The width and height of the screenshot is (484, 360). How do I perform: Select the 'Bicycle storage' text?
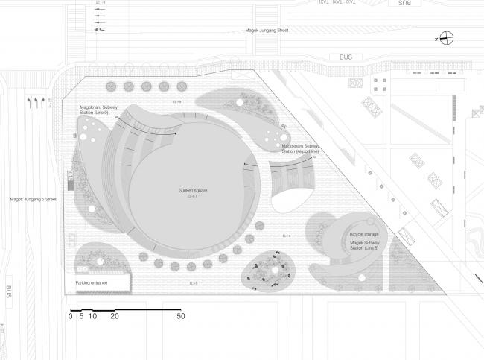[x=364, y=234]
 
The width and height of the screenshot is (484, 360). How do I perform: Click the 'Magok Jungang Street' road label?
[x=266, y=31]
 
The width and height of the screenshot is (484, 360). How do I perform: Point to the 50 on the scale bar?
[x=181, y=316]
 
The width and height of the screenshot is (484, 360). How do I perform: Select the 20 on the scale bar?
[x=115, y=316]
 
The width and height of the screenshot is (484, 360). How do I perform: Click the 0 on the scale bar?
[x=71, y=316]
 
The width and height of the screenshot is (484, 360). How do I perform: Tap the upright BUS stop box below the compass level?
[x=345, y=56]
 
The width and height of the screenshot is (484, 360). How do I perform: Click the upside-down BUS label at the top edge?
[x=404, y=4]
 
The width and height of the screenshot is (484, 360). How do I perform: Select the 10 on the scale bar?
[x=93, y=316]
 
